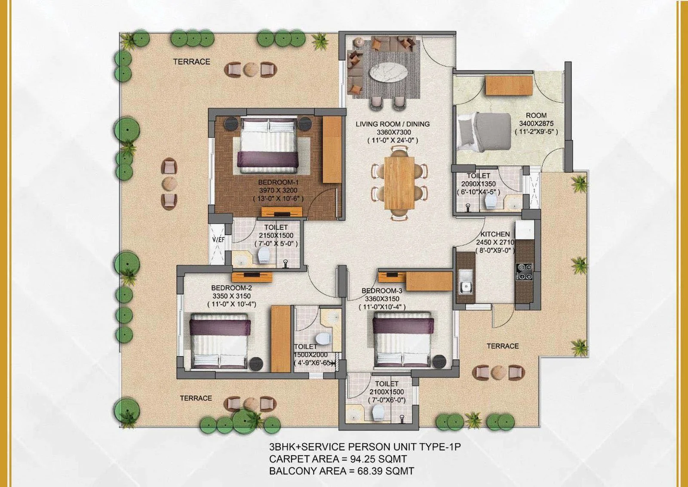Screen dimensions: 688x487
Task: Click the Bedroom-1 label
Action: (278, 182)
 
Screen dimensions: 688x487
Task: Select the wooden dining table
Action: (399, 183)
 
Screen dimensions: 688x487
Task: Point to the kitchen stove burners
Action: (524, 271)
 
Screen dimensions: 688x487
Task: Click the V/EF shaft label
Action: (218, 240)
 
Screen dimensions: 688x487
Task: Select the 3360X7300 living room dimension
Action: (394, 132)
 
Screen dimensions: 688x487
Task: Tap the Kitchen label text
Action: (495, 234)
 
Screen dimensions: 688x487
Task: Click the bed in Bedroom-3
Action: (402, 340)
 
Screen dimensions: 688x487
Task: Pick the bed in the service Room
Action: (484, 132)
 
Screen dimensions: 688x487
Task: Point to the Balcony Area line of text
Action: (341, 471)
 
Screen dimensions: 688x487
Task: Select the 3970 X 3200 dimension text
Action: (278, 190)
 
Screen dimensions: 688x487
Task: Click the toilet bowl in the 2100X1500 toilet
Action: (378, 412)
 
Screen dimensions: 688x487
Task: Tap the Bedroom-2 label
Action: (232, 288)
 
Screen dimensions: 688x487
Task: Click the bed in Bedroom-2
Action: (219, 340)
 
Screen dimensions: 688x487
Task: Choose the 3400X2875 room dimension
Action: (536, 123)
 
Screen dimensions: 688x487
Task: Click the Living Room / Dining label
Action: (393, 124)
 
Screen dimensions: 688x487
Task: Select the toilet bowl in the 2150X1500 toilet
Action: (264, 255)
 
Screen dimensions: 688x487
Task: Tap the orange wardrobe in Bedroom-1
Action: (332, 150)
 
